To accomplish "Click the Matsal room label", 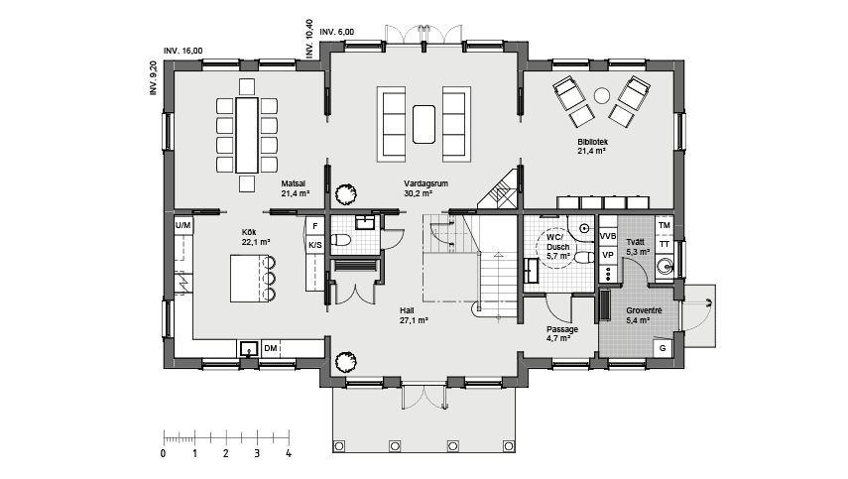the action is pos(294,183).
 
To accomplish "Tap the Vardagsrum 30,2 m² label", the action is pos(425,188).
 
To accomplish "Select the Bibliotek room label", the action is pos(592,142).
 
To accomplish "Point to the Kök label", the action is pos(248,232).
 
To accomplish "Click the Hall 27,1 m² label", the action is pos(414,315).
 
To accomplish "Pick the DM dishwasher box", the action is pos(271,348).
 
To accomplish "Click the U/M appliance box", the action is pos(182,225).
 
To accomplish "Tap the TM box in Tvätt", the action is pos(665,225).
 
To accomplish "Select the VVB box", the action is pos(608,236).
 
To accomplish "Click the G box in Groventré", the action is pos(663,348).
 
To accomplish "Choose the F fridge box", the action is pos(314,226).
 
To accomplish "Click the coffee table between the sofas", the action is pos(424,124).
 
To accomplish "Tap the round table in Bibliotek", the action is pos(601,95).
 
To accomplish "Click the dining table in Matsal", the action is pos(247,135).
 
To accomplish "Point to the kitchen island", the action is pos(249,279).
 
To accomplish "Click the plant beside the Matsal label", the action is pos(345,194).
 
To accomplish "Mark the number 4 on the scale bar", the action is pos(289,453).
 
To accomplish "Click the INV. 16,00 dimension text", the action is pos(183,51).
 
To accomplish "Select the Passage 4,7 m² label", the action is pos(561,333).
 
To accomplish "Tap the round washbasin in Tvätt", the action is pos(664,266).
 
